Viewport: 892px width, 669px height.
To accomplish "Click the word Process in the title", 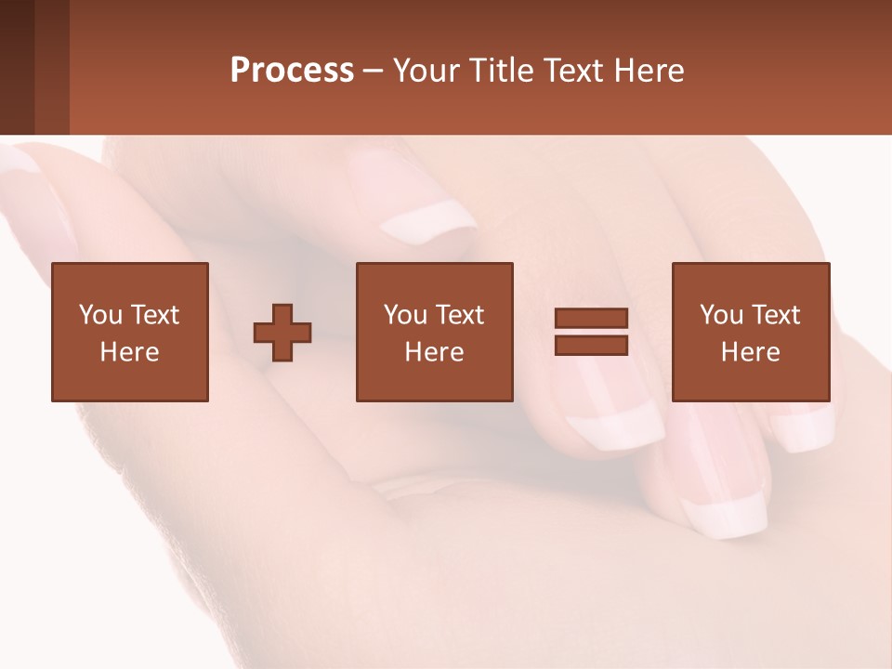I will click(x=292, y=71).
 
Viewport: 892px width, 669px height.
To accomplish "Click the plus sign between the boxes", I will click(x=282, y=333).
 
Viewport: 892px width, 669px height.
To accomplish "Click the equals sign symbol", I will click(x=591, y=332).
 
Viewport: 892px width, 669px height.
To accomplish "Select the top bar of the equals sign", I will click(x=591, y=319).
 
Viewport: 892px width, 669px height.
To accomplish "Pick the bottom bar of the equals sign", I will click(x=591, y=345).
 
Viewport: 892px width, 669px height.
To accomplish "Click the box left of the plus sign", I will click(x=130, y=332).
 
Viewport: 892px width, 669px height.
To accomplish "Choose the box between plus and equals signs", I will click(x=434, y=332).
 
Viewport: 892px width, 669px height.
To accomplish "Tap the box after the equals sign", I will click(x=751, y=332).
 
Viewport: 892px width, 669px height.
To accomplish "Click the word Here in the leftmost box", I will click(x=130, y=352).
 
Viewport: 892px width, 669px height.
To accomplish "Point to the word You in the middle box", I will click(x=405, y=315).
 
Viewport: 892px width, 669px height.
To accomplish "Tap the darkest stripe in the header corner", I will click(x=17, y=67).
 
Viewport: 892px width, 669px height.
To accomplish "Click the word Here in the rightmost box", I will click(x=751, y=352).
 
